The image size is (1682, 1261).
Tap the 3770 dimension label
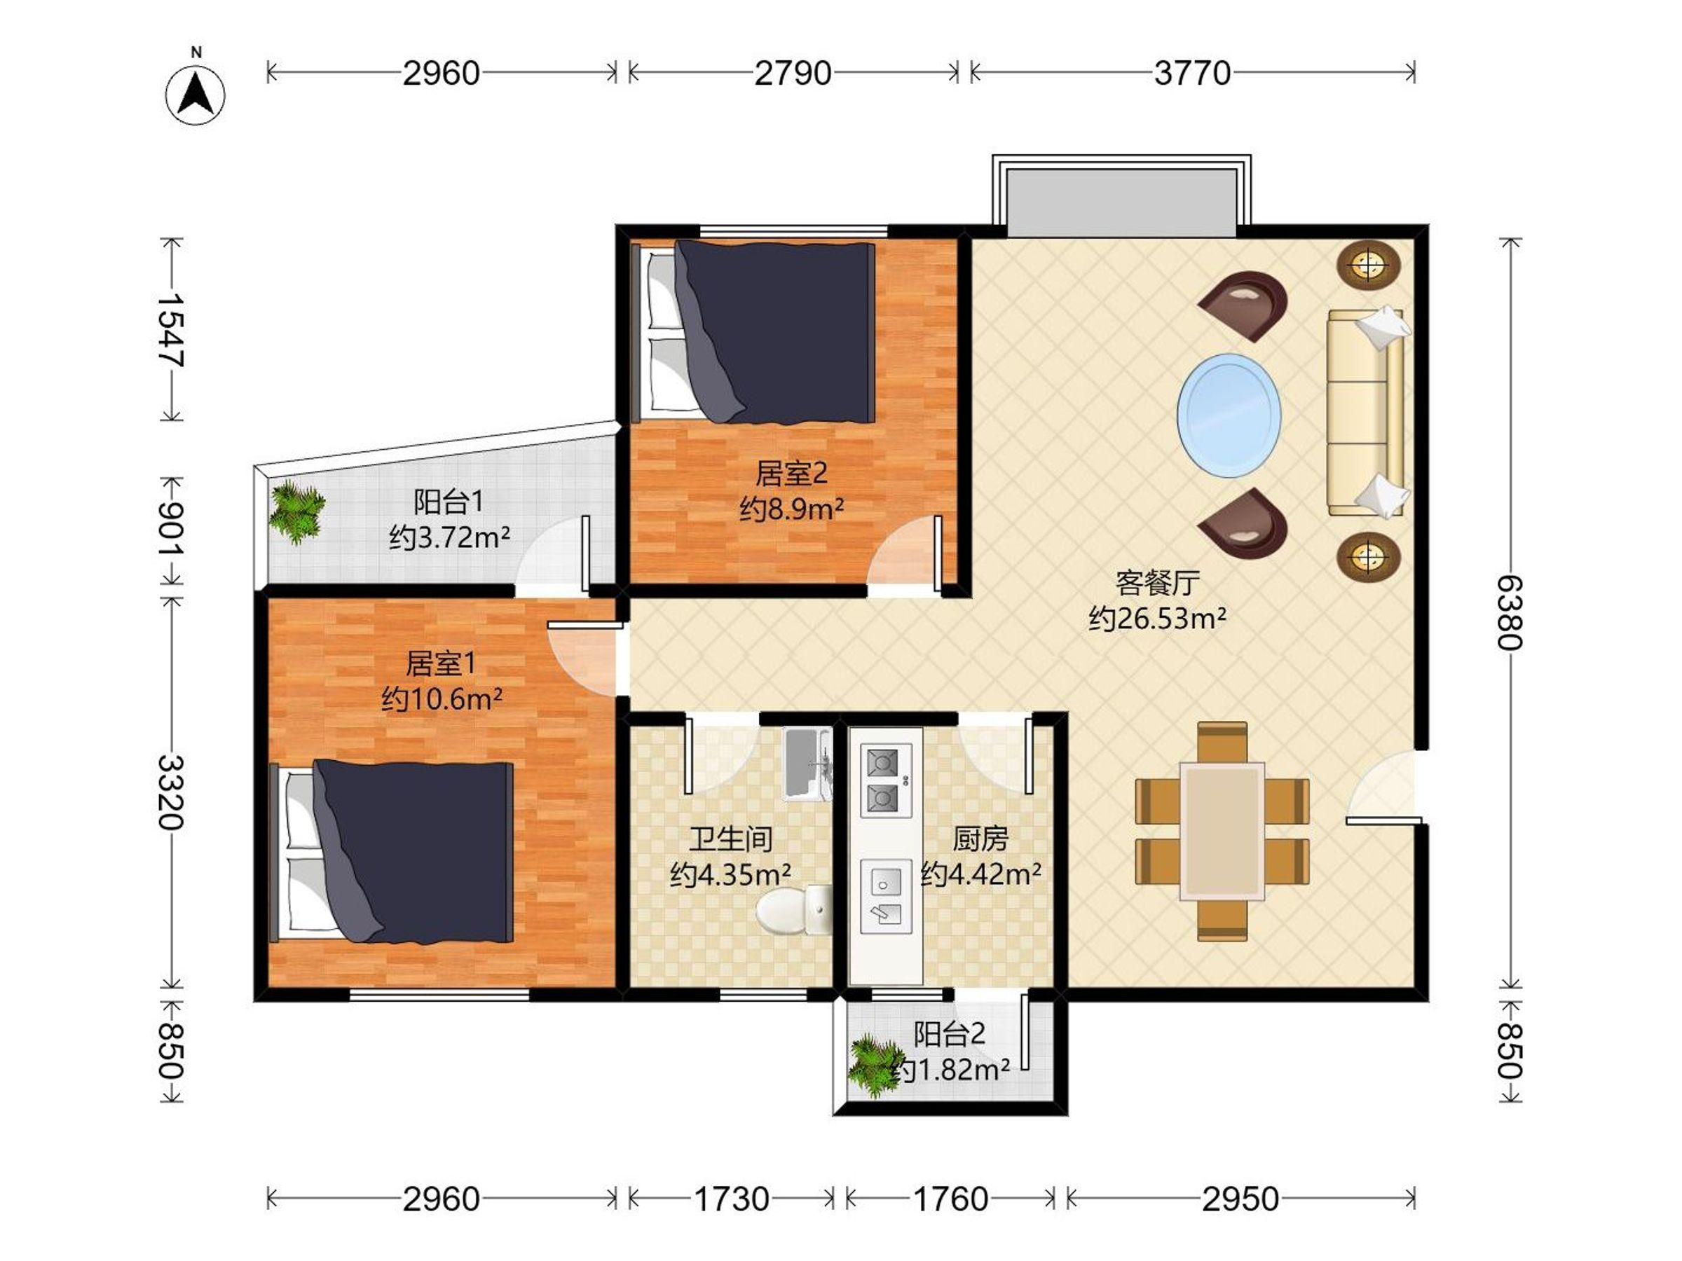point(1191,74)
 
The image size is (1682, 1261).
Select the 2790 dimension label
point(793,74)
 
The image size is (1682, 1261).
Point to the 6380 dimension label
point(1510,613)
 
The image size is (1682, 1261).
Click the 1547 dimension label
point(170,330)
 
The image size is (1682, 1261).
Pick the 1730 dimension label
point(732,1199)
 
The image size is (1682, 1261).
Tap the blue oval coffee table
point(1229,415)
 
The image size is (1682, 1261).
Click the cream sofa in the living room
point(1367,412)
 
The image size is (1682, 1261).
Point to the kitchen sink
point(886,896)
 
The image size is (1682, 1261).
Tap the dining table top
point(1222,832)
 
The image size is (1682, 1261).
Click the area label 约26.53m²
point(1156,619)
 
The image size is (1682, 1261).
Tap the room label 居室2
point(791,474)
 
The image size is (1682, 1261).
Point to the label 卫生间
point(731,839)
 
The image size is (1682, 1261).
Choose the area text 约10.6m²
point(442,698)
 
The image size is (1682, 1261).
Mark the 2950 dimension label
point(1240,1199)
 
